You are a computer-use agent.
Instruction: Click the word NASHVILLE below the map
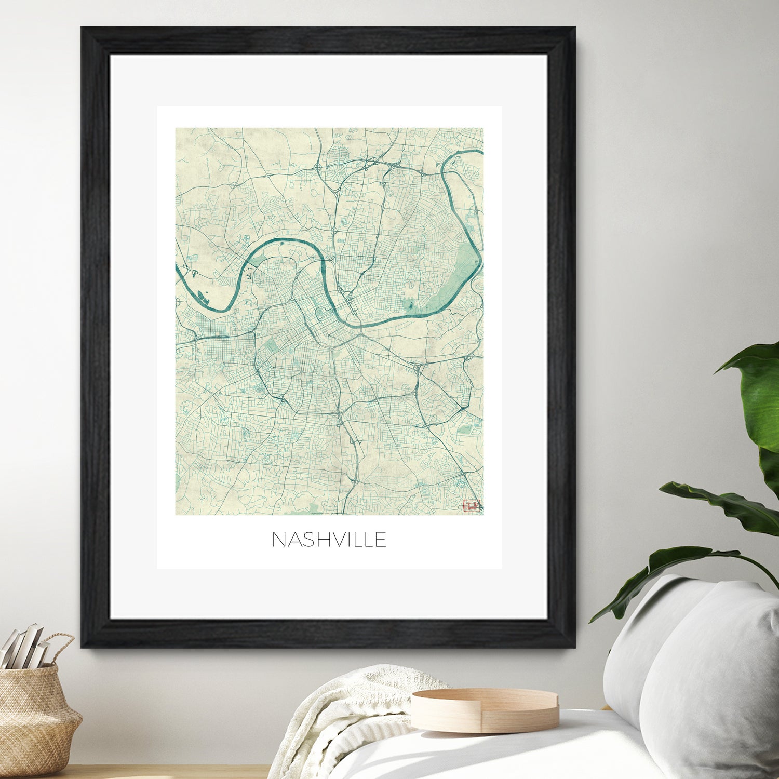329,540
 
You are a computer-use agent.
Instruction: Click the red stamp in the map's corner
472,505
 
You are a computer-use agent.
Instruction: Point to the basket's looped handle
60,647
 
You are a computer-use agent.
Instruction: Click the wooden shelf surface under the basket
156,771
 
